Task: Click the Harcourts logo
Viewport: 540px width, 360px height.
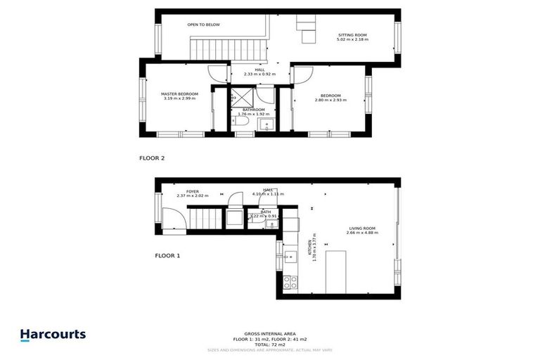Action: (x=53, y=335)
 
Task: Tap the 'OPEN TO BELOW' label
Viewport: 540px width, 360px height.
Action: (x=203, y=25)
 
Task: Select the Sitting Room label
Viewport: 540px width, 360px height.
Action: (x=352, y=34)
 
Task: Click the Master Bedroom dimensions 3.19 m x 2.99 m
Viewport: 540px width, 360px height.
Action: (x=179, y=99)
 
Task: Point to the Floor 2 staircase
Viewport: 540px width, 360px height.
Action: (x=226, y=50)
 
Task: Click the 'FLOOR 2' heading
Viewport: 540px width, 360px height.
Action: (x=151, y=158)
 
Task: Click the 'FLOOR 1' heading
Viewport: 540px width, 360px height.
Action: (x=167, y=256)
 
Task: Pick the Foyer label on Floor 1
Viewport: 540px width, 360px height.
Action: (x=192, y=191)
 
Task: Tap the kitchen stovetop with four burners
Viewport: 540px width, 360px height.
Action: (x=289, y=283)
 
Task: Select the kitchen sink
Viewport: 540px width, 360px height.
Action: (x=290, y=256)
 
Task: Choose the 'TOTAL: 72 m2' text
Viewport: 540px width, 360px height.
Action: (x=269, y=345)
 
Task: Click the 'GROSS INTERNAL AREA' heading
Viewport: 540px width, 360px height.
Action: (x=269, y=333)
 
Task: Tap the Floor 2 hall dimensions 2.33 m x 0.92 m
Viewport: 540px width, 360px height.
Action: (x=259, y=74)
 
